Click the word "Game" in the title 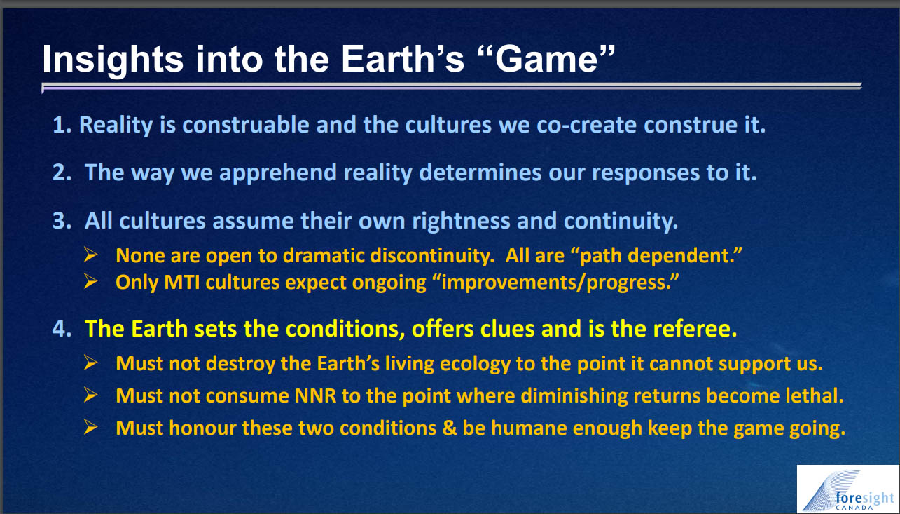(547, 59)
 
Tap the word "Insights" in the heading (113, 60)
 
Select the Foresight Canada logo (847, 489)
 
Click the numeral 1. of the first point (62, 125)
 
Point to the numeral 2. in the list (62, 173)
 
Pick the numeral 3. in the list (62, 221)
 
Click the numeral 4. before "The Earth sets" (62, 329)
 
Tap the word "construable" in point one (246, 125)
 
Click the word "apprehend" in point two (278, 173)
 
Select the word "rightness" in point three (461, 221)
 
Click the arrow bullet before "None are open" (91, 255)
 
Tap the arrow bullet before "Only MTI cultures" (91, 281)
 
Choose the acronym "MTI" (182, 283)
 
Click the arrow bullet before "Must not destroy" (91, 363)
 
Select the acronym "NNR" (315, 395)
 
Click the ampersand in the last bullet (449, 428)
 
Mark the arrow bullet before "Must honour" (91, 427)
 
